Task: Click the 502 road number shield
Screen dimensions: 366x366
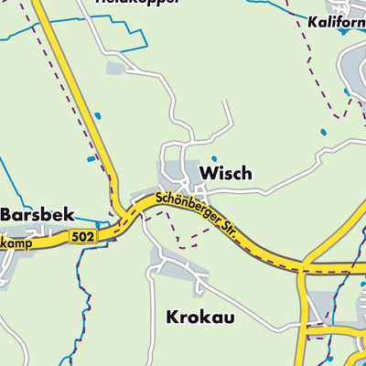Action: tap(81, 236)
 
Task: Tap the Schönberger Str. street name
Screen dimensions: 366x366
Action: tap(197, 214)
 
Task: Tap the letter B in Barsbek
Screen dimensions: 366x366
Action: tap(6, 213)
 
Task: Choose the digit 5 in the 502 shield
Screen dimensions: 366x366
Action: tap(75, 236)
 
